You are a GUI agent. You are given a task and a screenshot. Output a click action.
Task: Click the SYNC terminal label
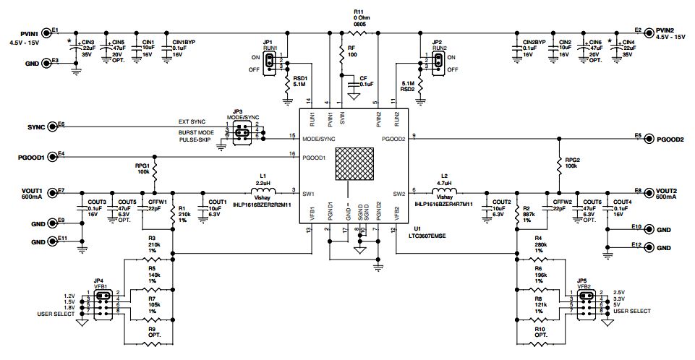click(36, 126)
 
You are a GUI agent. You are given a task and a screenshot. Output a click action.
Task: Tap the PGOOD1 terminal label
click(32, 156)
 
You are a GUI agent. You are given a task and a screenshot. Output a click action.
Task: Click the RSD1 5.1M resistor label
click(300, 81)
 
